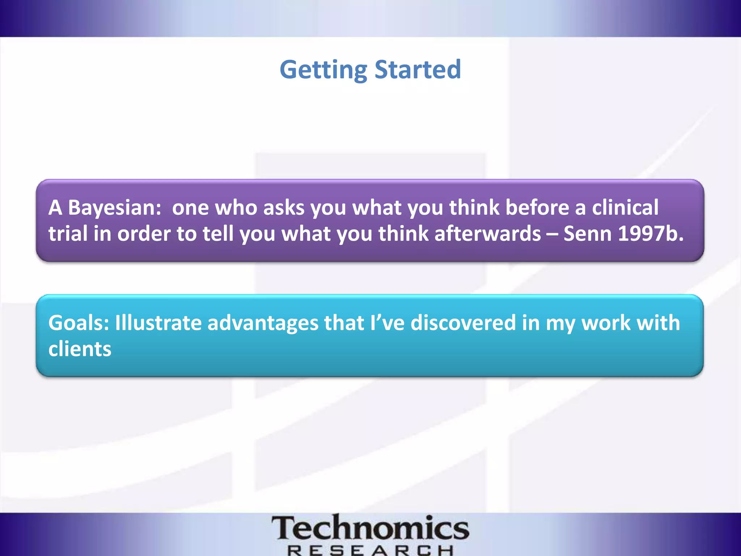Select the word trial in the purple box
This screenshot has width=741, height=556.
68,233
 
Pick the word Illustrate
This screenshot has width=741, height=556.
158,323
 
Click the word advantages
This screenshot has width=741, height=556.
263,323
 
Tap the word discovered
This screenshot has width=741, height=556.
463,323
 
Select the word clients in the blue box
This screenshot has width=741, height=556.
80,349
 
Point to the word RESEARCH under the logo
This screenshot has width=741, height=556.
370,551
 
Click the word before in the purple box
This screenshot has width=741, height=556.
537,208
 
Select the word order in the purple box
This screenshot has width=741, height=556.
144,233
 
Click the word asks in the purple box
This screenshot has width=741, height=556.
284,208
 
